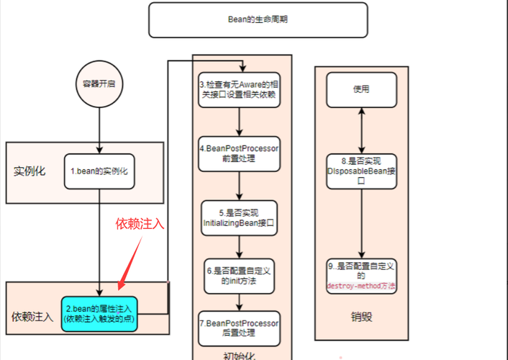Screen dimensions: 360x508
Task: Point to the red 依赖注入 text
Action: click(x=140, y=224)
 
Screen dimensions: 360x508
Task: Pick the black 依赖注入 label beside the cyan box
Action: click(x=32, y=317)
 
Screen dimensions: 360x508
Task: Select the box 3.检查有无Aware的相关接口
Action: click(x=240, y=90)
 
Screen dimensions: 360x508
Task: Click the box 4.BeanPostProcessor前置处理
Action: click(x=240, y=153)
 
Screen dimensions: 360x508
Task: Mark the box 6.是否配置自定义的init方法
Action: click(x=240, y=275)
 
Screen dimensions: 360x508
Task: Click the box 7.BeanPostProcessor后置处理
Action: click(x=240, y=328)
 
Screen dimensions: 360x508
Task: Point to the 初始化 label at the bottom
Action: click(x=239, y=354)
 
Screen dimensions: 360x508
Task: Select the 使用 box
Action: click(x=361, y=89)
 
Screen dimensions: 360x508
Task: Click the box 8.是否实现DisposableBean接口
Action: click(x=361, y=170)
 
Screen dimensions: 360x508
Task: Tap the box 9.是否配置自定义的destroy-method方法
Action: click(x=361, y=276)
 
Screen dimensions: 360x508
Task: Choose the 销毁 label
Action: click(x=362, y=316)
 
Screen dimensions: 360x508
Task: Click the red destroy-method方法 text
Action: click(x=361, y=286)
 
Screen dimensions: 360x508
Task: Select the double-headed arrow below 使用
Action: click(x=361, y=130)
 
